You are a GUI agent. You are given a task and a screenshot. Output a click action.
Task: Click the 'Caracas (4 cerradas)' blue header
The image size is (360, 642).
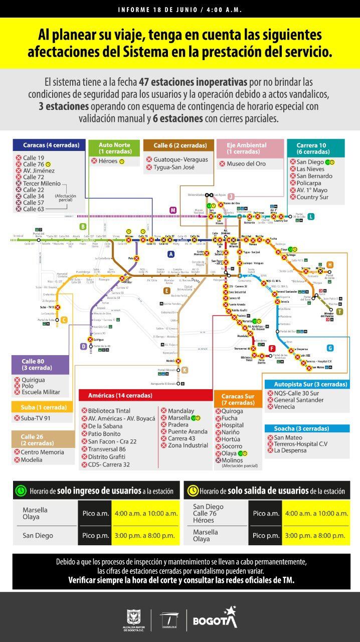pyautogui.click(x=49, y=145)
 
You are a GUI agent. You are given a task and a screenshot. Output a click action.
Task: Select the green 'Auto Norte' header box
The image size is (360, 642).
pyautogui.click(x=114, y=148)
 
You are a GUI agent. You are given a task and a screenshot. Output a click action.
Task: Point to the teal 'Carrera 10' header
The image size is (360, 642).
pyautogui.click(x=316, y=148)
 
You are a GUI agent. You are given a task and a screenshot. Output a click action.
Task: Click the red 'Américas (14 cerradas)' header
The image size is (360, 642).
pyautogui.click(x=145, y=395)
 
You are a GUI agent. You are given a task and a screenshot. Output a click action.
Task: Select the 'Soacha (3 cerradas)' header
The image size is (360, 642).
pyautogui.click(x=307, y=429)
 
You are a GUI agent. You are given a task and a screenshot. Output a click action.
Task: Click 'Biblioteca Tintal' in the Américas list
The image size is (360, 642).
pyautogui.click(x=109, y=411)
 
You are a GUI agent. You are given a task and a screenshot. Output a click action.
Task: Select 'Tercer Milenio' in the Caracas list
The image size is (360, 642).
pyautogui.click(x=42, y=184)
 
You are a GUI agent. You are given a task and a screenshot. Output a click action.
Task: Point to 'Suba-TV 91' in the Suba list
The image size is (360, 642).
pyautogui.click(x=36, y=418)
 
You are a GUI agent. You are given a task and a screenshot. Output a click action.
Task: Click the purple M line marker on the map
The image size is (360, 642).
pyautogui.click(x=173, y=210)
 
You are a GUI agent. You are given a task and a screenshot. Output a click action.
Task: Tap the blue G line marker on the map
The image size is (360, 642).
pyautogui.click(x=329, y=348)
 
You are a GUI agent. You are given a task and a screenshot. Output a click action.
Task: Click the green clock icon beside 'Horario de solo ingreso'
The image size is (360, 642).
pyautogui.click(x=21, y=491)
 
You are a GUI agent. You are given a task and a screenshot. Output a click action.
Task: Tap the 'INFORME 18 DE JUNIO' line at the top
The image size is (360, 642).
pyautogui.click(x=179, y=9)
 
